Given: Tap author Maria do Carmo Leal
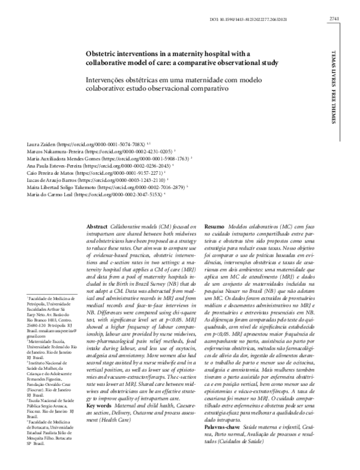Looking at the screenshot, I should [x=51, y=204].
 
